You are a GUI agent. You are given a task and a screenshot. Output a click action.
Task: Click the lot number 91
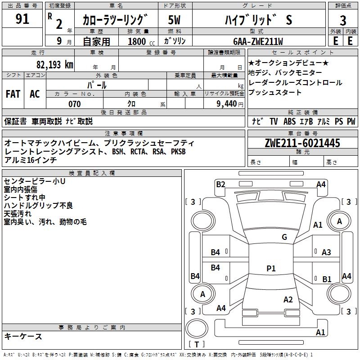click(x=22, y=19)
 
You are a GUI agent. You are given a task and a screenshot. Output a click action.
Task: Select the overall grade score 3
click(x=343, y=21)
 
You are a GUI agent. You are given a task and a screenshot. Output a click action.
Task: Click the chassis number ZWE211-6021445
click(x=302, y=143)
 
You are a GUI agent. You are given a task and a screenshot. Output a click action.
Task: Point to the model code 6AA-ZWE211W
click(x=258, y=41)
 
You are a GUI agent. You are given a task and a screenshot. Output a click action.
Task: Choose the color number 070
click(x=74, y=104)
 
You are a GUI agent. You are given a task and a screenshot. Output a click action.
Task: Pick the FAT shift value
click(x=13, y=94)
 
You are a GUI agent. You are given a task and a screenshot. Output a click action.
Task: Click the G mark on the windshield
click(x=284, y=237)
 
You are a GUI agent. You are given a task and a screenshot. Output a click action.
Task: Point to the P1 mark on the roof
click(x=270, y=268)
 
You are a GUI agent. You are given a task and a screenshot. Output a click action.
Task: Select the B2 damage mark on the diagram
click(x=220, y=184)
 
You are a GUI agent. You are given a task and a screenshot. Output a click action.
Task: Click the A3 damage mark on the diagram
click(x=326, y=252)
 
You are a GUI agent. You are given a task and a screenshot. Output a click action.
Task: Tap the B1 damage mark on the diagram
click(x=327, y=279)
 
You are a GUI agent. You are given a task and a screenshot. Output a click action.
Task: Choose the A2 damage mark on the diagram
click(x=288, y=300)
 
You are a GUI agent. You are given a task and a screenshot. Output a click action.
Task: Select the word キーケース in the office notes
click(x=23, y=336)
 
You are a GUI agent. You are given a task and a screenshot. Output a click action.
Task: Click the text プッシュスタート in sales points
click(x=275, y=93)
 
